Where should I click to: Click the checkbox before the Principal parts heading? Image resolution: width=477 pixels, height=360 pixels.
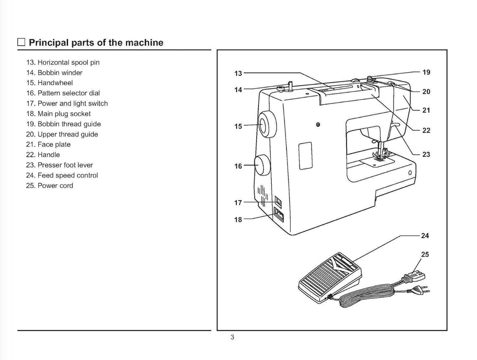(x=21, y=43)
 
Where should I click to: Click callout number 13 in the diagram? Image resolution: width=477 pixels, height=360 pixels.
(x=238, y=74)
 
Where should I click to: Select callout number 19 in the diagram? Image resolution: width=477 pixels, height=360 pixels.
(x=426, y=72)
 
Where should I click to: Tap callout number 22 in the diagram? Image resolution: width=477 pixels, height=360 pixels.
(x=426, y=130)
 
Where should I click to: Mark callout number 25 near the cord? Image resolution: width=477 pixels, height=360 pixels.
(x=425, y=254)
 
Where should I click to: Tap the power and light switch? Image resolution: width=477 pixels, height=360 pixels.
(x=278, y=201)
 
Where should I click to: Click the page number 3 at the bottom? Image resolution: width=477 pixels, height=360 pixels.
(x=232, y=338)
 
